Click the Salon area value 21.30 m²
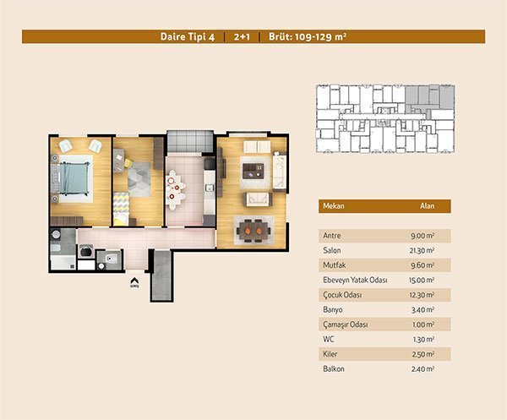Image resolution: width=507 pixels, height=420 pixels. [x=422, y=251]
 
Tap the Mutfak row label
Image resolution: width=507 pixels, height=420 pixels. [x=335, y=265]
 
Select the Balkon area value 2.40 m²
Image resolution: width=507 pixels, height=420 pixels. [x=422, y=369]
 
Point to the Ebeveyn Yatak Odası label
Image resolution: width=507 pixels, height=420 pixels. [x=355, y=280]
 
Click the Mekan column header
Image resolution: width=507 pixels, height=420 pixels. [x=334, y=206]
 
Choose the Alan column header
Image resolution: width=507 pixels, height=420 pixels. [x=427, y=206]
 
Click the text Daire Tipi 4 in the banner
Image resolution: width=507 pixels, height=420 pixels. [x=188, y=36]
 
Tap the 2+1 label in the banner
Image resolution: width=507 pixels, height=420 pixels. [x=242, y=36]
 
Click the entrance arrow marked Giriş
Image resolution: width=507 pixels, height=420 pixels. [x=134, y=282]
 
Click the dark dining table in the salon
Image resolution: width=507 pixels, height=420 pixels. [x=253, y=231]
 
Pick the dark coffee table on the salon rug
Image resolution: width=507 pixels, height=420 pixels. [x=253, y=171]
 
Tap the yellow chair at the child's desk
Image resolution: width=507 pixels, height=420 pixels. [x=128, y=163]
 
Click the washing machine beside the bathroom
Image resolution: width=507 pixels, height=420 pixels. [x=85, y=251]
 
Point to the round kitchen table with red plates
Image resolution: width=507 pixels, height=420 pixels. [x=174, y=190]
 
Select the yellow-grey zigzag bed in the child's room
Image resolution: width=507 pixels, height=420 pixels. [x=121, y=210]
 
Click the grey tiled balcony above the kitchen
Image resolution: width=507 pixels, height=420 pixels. [x=190, y=141]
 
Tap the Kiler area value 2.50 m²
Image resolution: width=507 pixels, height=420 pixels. [x=423, y=354]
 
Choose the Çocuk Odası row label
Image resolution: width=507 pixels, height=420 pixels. [x=342, y=295]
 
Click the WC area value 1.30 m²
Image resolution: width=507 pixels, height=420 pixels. [x=423, y=339]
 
